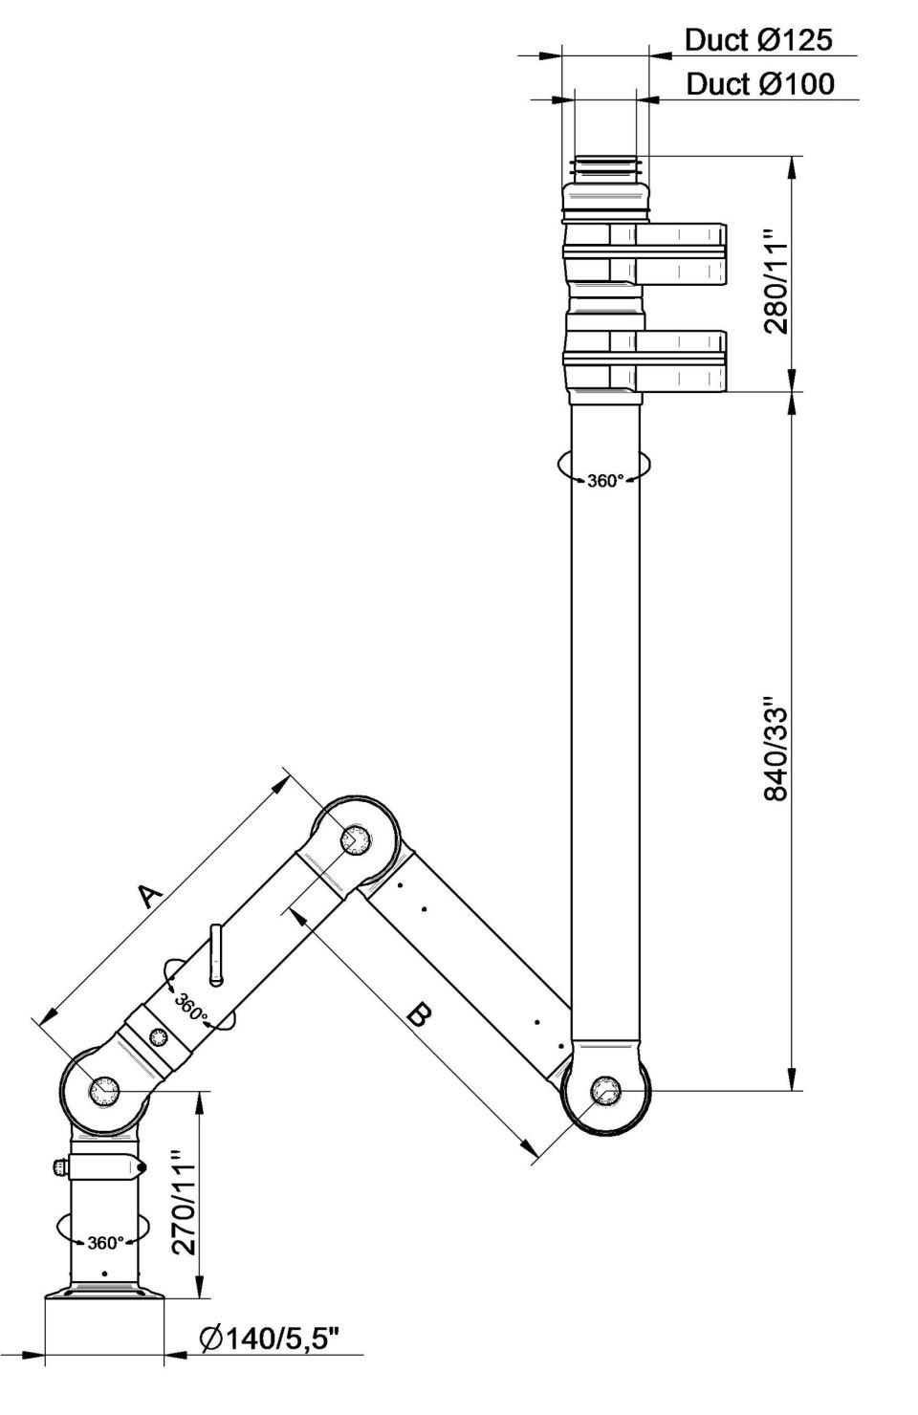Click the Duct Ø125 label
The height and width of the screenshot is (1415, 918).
(x=758, y=39)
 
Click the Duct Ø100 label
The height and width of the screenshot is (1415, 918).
(x=759, y=84)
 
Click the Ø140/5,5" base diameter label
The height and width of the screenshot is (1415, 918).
(x=270, y=1339)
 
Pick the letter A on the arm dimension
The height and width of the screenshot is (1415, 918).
(x=148, y=895)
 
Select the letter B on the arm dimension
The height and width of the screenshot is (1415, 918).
(x=418, y=1013)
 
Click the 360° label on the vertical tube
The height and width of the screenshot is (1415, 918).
(x=604, y=481)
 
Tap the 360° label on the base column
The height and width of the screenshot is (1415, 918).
(x=105, y=1243)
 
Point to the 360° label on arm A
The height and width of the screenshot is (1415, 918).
(x=190, y=1007)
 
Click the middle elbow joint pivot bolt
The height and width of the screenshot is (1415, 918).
(x=356, y=840)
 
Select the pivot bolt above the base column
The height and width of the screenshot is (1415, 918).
(x=102, y=1090)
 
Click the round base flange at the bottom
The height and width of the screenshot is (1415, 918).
(x=105, y=1293)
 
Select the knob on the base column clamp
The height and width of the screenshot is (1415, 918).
(x=59, y=1166)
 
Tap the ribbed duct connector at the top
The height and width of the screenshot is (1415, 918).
(x=604, y=169)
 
